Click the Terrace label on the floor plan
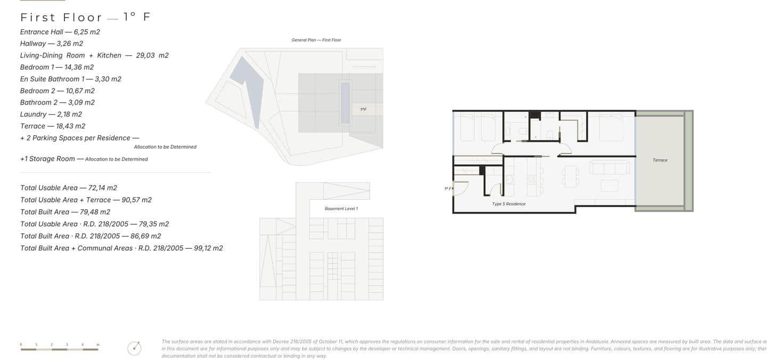point(660,160)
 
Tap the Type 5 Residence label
point(508,204)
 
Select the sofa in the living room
point(610,168)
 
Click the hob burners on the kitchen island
point(532,179)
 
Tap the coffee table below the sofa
point(609,185)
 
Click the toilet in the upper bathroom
point(550,135)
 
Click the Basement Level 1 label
point(341,209)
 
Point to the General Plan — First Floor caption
point(316,40)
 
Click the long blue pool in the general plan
point(345,102)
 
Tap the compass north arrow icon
point(135,348)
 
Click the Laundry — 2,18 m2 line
point(51,114)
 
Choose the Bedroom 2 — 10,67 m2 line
point(58,91)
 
